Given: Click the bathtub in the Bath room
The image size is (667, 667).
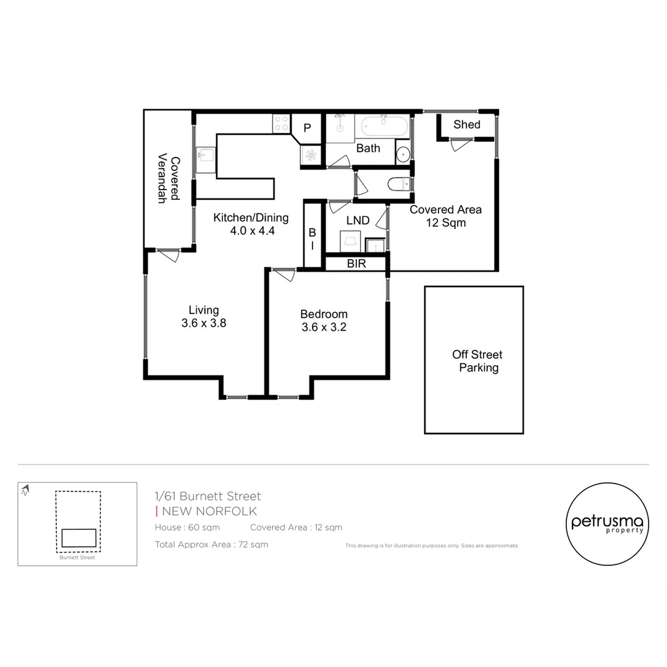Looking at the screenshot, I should (385, 127).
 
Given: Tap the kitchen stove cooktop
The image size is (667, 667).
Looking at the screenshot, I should (281, 124).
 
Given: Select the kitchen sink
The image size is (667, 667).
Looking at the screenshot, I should (206, 154).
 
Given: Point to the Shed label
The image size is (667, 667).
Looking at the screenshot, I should (466, 125).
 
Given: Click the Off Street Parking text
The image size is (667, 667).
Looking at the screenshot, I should (477, 361).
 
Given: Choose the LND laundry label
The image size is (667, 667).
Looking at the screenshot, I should (358, 220).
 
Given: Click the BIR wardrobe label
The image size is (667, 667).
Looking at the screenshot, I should (356, 264).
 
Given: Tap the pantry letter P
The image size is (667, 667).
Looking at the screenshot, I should (306, 128).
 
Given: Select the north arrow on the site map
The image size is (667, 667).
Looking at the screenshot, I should (25, 492).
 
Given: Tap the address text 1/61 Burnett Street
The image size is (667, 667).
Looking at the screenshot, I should (208, 496).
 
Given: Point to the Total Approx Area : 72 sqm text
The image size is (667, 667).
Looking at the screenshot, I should (211, 545).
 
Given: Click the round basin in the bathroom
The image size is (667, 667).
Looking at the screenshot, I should (403, 154).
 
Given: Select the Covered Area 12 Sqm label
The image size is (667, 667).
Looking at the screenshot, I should (445, 216).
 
